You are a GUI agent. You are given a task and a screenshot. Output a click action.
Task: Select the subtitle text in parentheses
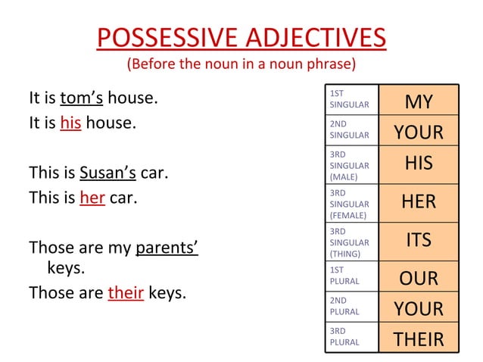pos(241,63)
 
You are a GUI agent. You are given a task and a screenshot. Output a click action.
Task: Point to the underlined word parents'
pos(167,248)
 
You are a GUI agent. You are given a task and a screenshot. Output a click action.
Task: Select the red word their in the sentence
pos(126,292)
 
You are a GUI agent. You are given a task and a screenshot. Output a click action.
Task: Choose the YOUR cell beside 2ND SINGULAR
pos(419,133)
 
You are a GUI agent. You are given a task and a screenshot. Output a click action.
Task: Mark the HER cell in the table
pos(419,202)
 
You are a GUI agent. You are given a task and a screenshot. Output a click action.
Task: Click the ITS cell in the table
pos(419,240)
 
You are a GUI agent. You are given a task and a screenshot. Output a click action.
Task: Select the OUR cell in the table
pos(419,278)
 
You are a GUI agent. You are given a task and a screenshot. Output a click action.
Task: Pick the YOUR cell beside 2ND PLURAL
pos(419,309)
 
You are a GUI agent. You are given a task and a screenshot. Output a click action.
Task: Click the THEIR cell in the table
pos(419,339)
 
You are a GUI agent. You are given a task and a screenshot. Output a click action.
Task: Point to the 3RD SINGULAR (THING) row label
pos(349,242)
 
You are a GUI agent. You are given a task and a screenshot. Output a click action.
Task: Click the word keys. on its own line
pos(66,267)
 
